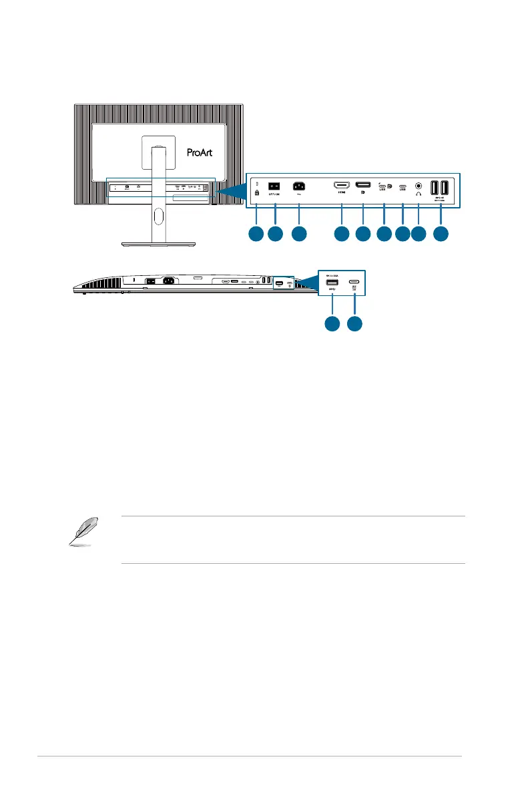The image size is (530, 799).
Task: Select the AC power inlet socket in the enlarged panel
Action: [299, 186]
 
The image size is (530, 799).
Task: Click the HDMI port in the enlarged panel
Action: [341, 184]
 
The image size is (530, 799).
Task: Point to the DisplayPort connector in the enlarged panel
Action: [363, 184]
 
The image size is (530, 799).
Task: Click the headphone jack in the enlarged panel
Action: [419, 186]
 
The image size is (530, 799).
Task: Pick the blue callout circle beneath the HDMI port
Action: [341, 234]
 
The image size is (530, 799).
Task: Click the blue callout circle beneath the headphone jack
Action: [418, 234]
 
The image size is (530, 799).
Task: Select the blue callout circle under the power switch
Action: [274, 234]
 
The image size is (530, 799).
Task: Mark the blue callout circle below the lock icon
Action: [256, 234]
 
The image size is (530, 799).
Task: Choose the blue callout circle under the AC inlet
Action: [299, 234]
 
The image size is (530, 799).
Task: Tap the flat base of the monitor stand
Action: [157, 244]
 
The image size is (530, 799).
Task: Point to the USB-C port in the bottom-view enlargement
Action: [354, 283]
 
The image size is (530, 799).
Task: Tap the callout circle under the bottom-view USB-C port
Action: [354, 324]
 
